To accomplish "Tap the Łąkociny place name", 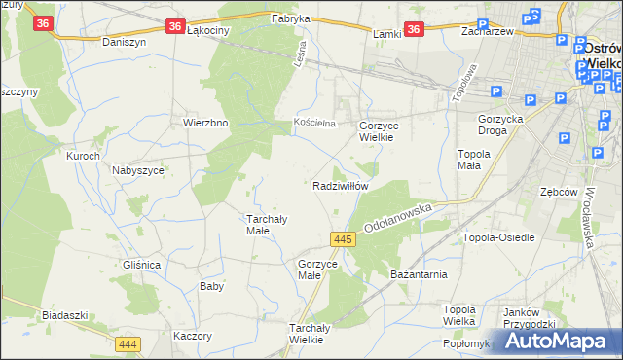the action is [x=206, y=31].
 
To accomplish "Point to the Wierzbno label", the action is [x=205, y=124].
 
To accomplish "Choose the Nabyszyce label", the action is [x=137, y=169].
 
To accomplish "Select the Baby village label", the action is [x=211, y=286].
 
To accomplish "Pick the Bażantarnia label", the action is [x=419, y=274].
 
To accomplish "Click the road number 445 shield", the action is [x=341, y=238].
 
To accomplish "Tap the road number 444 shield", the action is [x=127, y=344].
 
